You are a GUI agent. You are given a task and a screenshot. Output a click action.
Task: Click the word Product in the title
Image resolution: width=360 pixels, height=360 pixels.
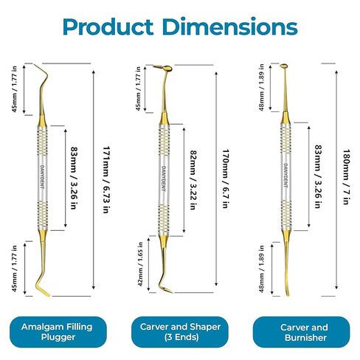coord(108,27)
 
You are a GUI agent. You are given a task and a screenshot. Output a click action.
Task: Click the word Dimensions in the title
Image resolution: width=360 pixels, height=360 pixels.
coord(230,27)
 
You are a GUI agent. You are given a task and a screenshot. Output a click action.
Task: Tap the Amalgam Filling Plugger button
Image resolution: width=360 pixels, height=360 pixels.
coord(58,332)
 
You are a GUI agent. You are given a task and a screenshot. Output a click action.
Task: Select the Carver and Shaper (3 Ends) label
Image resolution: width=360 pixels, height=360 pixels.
coord(180,332)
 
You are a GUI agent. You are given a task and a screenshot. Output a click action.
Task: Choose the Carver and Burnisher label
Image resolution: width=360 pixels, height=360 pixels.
coord(302,332)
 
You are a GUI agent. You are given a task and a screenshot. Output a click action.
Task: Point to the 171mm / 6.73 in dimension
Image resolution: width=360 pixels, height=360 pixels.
coord(106,179)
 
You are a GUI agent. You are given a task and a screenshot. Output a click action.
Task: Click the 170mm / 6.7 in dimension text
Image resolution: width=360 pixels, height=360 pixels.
coord(226,179)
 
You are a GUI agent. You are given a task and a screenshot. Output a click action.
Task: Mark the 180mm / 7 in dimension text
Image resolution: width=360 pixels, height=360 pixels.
coord(346,177)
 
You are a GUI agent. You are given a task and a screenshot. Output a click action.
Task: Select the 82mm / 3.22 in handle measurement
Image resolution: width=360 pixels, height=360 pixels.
coord(193,180)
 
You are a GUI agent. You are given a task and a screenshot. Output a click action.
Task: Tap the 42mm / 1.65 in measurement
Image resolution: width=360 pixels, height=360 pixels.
coord(140,264)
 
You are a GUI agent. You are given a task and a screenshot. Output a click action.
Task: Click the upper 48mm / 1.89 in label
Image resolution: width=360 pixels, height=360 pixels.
coord(261,87)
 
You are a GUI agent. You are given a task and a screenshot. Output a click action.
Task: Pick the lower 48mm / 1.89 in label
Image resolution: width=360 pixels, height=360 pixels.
coord(261,269)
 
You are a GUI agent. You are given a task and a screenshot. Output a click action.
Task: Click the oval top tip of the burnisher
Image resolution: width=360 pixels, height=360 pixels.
coord(284,66)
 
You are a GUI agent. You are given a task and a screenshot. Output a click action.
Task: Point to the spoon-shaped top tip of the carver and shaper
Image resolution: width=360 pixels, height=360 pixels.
coord(167,68)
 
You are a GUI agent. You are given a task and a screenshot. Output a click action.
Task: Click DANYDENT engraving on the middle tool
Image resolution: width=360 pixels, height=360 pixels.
coord(164,179)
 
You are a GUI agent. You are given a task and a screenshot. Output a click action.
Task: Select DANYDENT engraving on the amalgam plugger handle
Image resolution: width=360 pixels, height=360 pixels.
coord(42,177)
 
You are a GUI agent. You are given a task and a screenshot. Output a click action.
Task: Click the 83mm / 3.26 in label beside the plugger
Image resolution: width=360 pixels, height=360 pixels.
coord(74,178)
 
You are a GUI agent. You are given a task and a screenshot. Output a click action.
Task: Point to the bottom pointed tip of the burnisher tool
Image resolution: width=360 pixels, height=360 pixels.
coord(288,295)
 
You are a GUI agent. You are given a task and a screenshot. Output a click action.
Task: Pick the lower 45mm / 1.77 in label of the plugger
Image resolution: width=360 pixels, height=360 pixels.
coord(15,269)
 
